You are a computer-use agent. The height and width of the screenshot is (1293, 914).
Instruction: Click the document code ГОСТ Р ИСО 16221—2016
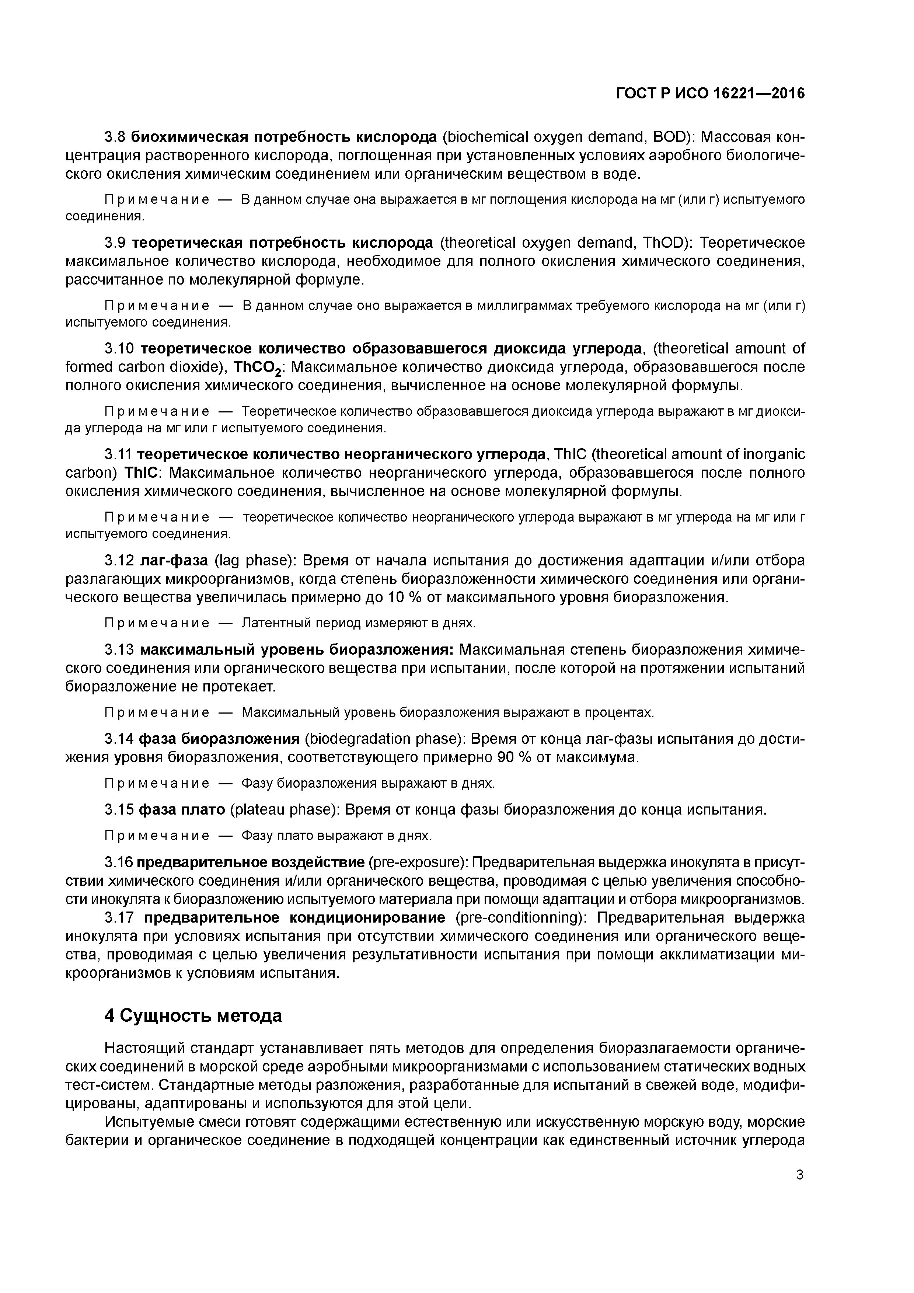(710, 94)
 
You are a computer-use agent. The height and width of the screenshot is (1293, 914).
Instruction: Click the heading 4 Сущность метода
(193, 1015)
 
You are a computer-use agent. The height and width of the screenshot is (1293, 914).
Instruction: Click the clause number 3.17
(119, 917)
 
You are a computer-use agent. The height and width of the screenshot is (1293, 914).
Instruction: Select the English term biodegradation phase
(382, 739)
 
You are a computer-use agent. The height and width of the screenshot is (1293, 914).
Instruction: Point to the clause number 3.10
(119, 349)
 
